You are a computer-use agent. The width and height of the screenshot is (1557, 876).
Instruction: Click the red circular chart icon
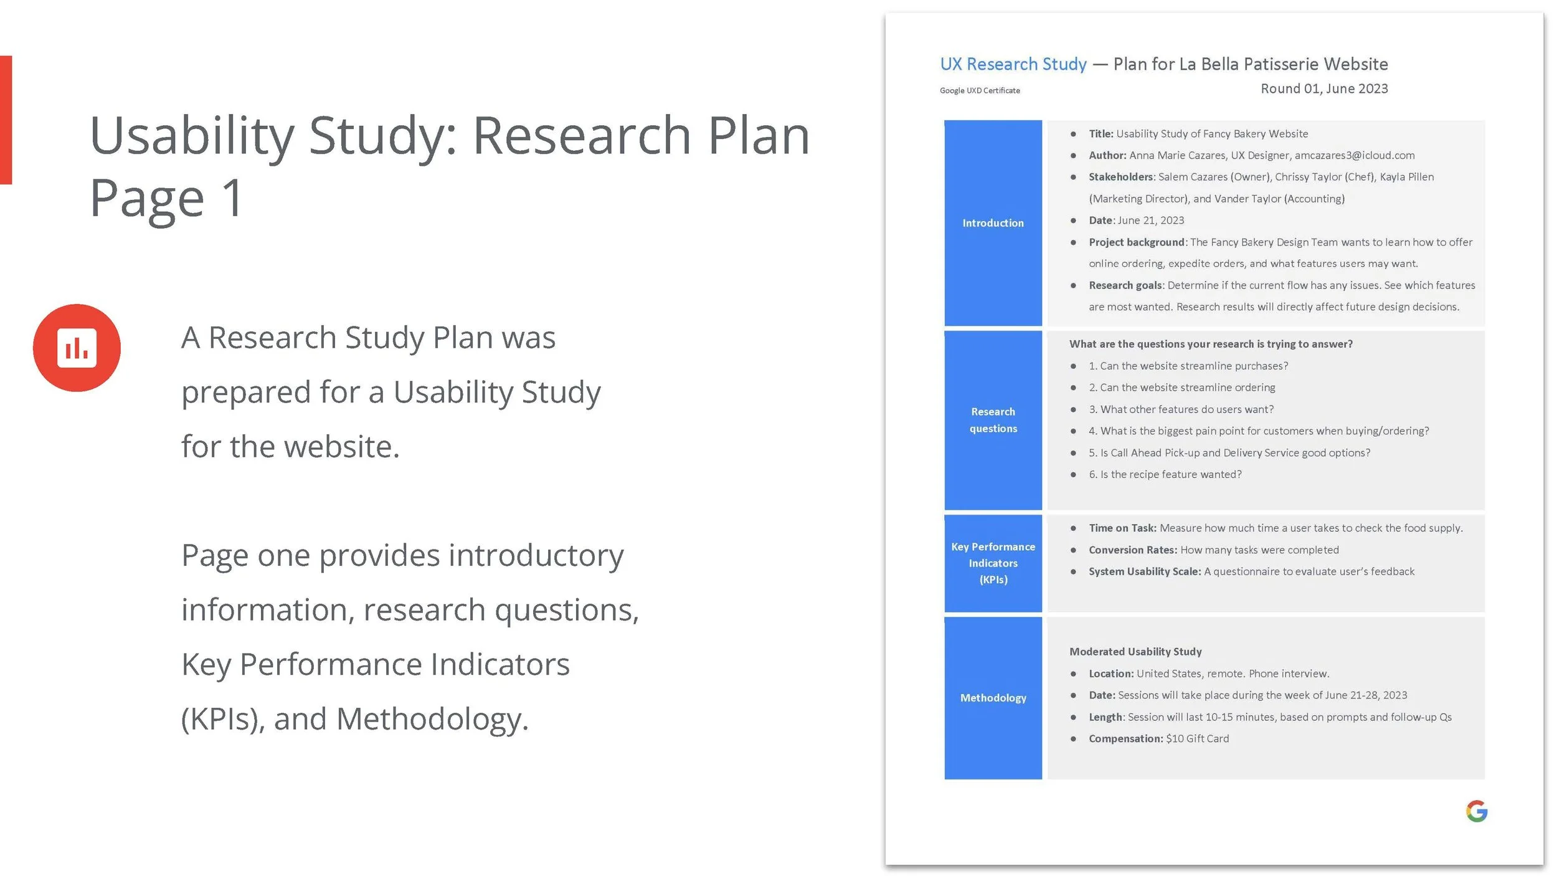77,348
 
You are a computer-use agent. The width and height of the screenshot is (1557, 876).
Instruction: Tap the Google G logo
1476,811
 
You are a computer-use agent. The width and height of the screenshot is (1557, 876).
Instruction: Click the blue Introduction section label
993,223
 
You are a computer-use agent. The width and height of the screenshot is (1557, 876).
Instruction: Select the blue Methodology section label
993,698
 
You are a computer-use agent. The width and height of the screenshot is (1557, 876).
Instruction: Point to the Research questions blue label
993,420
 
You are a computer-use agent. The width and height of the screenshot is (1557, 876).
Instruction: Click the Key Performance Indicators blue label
993,563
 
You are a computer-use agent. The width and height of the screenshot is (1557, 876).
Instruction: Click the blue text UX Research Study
1013,64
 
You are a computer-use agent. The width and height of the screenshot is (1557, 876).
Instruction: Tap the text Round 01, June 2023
1324,88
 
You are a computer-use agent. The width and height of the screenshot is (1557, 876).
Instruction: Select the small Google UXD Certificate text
980,91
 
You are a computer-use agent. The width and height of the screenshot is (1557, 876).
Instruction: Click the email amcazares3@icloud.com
1355,155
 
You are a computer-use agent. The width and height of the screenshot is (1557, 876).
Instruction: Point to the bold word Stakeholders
1121,177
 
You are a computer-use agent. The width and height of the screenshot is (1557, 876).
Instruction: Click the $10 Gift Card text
1198,738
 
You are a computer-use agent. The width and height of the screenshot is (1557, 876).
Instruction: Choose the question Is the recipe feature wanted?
1171,474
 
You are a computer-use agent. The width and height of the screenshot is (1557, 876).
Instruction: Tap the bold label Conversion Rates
1132,550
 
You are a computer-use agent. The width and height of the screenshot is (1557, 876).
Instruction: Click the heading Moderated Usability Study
1135,652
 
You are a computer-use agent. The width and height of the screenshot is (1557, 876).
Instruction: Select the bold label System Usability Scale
1145,571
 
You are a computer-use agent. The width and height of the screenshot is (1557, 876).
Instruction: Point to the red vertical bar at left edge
6,120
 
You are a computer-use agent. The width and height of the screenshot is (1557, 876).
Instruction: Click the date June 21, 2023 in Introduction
1151,221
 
